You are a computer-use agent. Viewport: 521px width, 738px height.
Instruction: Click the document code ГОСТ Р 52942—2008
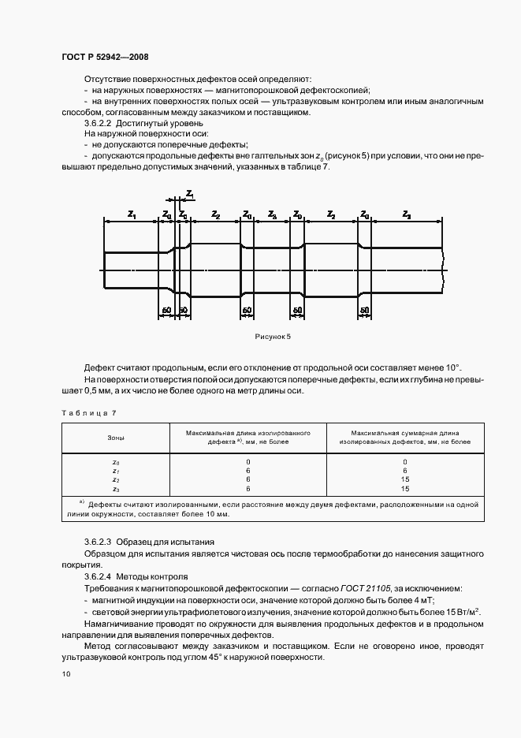click(x=104, y=58)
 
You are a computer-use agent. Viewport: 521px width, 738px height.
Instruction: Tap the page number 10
click(x=66, y=674)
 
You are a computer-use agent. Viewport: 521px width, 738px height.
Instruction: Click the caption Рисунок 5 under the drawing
click(x=273, y=337)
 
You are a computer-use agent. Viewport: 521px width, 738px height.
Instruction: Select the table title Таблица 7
click(x=88, y=412)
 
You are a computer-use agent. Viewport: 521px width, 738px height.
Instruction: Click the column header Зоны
click(x=115, y=438)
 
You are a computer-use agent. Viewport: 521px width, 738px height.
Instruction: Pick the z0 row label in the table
click(x=115, y=461)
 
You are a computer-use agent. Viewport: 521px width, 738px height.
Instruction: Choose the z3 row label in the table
click(x=115, y=489)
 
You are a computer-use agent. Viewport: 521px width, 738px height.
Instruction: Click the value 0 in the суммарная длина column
click(x=405, y=461)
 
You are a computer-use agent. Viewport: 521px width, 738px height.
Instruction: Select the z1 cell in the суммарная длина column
click(x=405, y=470)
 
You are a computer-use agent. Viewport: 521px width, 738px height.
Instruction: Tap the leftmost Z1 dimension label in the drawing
click(x=132, y=214)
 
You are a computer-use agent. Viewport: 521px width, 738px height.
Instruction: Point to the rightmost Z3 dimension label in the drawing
click(x=406, y=214)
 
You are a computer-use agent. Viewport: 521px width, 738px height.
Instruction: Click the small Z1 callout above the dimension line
click(x=190, y=194)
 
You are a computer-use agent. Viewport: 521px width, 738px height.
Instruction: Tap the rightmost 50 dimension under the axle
click(x=365, y=311)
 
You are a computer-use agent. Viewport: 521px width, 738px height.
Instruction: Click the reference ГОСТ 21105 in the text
click(x=365, y=588)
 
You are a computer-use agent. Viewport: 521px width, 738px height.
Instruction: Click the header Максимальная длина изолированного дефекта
click(x=247, y=438)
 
